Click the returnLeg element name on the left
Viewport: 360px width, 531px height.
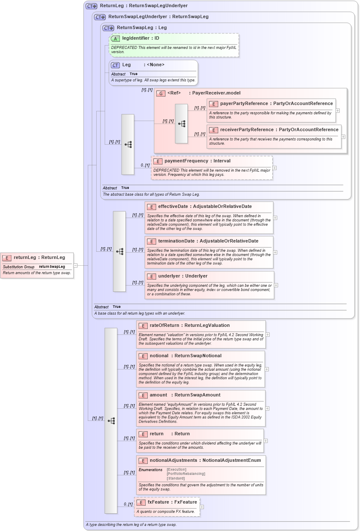[x=25, y=257]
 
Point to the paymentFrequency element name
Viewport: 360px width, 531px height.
[x=186, y=161]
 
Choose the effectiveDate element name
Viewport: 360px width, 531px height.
[x=173, y=206]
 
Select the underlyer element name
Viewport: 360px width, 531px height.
[x=171, y=276]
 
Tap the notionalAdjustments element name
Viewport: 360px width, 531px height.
[x=173, y=460]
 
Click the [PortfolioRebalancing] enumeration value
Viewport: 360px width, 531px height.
[x=186, y=474]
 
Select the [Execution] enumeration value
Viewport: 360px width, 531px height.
[x=176, y=469]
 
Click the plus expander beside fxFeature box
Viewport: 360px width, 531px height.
[x=202, y=507]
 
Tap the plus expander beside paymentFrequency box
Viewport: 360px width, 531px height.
[x=275, y=167]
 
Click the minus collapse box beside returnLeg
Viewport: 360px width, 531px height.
[x=76, y=265]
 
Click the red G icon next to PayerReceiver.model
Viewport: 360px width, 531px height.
[x=160, y=93]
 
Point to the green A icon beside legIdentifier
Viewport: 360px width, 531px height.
[x=115, y=38]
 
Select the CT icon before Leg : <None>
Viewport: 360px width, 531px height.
[x=115, y=65]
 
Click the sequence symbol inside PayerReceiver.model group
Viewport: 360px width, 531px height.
[x=181, y=124]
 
